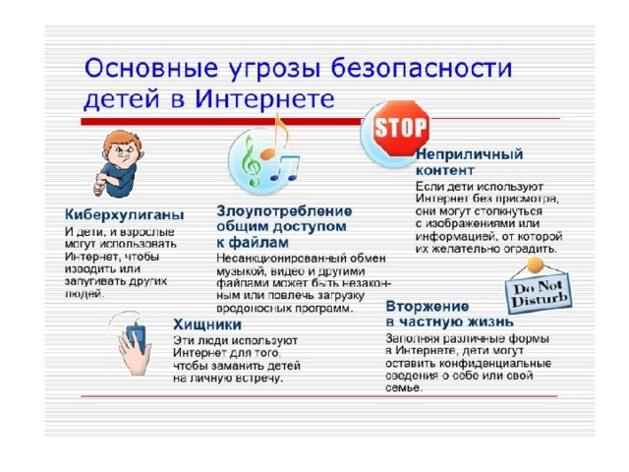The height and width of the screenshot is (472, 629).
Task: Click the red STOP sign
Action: click(x=401, y=128)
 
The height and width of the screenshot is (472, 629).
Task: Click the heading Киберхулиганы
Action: click(x=125, y=215)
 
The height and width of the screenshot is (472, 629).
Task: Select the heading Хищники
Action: click(x=207, y=324)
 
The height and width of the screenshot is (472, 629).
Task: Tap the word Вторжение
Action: click(x=428, y=307)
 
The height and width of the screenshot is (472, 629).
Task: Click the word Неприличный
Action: click(x=470, y=154)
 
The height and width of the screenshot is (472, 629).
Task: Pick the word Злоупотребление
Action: click(x=284, y=211)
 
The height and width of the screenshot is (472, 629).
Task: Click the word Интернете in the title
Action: click(x=264, y=98)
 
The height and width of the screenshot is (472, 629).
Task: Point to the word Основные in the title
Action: click(x=151, y=68)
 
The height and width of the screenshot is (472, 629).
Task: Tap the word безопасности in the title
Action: click(x=422, y=68)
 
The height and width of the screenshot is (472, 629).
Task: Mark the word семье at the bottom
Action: click(x=404, y=388)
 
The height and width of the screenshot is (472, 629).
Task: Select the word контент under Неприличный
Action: click(x=445, y=170)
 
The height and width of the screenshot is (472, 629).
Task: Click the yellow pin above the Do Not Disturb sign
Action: click(x=535, y=265)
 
